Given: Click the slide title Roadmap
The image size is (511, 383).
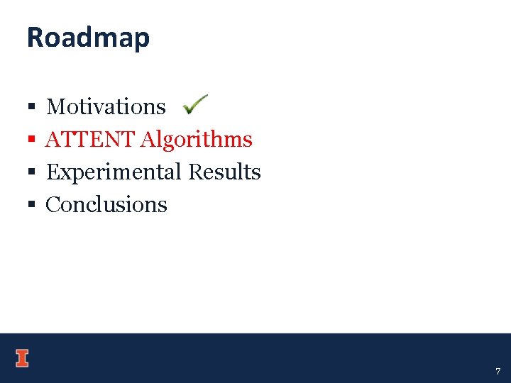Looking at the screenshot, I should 88,38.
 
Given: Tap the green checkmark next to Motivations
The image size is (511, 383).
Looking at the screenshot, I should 194,105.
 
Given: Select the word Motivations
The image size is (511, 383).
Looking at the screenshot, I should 106,106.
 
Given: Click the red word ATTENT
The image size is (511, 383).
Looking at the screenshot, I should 90,139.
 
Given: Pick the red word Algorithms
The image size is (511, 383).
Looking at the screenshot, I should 196,140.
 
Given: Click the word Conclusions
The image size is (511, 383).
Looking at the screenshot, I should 106,205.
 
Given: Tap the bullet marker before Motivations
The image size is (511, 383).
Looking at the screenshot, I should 31,108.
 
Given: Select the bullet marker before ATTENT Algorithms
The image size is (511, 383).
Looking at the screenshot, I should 31,140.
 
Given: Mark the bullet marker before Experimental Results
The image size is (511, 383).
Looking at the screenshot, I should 31,173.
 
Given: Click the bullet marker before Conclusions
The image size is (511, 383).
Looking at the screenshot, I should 31,206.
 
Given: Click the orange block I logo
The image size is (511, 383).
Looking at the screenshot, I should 22,358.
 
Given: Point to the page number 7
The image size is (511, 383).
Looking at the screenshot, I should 498,371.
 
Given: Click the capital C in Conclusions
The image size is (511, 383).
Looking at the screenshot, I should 53,205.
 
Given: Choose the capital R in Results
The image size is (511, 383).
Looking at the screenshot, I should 195,172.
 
